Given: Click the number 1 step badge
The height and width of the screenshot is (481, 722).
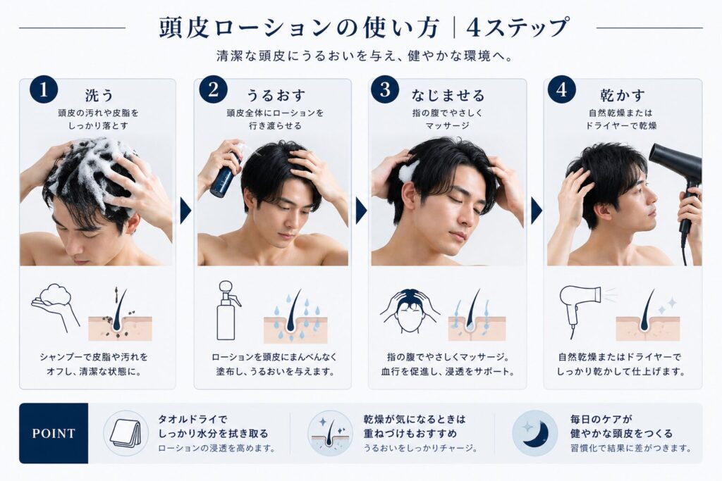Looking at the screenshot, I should point(44,90).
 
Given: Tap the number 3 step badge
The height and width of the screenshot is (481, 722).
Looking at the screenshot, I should point(385,90).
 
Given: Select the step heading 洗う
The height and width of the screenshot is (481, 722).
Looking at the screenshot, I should point(99,95).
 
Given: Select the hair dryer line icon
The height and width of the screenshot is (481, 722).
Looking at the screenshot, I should point(578,305).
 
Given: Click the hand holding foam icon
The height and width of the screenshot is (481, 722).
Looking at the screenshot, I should point(54,304).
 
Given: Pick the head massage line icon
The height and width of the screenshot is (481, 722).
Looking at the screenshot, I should point(410,311).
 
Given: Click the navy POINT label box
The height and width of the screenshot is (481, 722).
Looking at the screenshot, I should point(54,433).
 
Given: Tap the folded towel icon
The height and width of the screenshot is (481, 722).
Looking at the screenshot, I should point(126,433).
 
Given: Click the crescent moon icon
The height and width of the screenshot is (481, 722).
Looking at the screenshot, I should point(535,433).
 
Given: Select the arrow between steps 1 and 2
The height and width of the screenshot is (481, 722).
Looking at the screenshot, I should point(185,211).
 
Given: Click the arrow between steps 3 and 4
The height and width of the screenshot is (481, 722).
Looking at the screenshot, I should point(536,211).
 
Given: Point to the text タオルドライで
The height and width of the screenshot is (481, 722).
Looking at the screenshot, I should point(192,419).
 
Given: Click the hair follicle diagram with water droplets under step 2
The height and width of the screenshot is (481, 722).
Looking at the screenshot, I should point(295,316).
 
